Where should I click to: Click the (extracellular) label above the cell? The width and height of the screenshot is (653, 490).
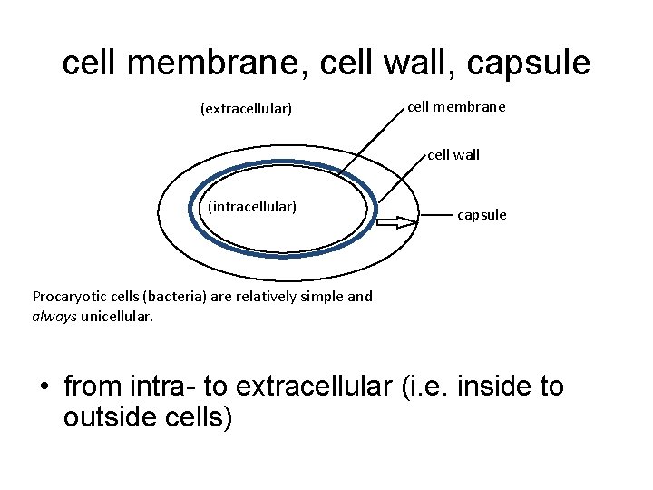(x=246, y=109)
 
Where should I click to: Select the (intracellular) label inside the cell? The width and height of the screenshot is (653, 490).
(x=252, y=207)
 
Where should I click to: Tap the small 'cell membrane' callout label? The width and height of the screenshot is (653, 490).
(x=456, y=107)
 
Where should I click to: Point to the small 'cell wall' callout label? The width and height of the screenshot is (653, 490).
(x=453, y=154)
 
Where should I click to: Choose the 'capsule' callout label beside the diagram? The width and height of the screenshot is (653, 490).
(x=482, y=215)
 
